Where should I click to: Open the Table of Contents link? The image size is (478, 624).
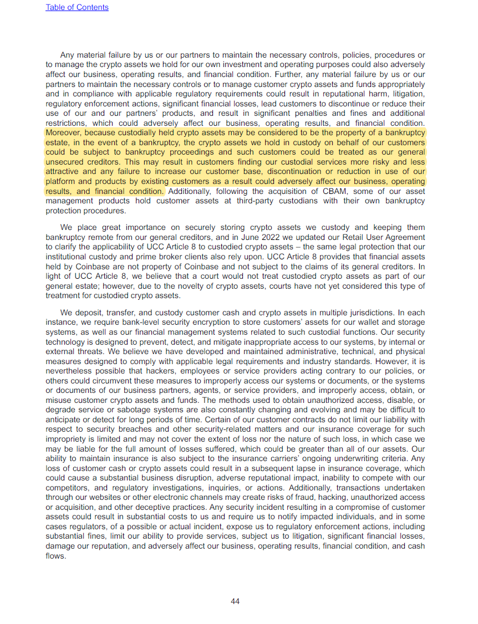click(x=77, y=7)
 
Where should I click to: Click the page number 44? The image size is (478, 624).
click(x=235, y=601)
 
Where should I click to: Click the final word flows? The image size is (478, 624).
click(x=55, y=556)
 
